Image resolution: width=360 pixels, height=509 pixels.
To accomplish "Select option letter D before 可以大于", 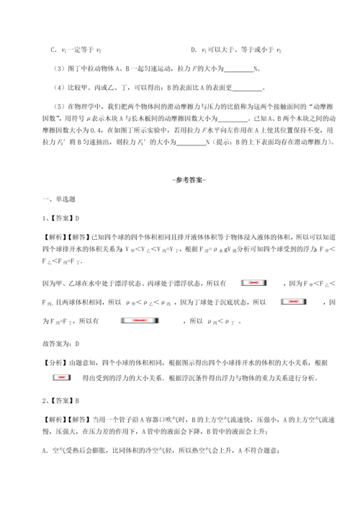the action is (x=194, y=50).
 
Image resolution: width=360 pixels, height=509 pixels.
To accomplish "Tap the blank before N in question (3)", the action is (x=240, y=69).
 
